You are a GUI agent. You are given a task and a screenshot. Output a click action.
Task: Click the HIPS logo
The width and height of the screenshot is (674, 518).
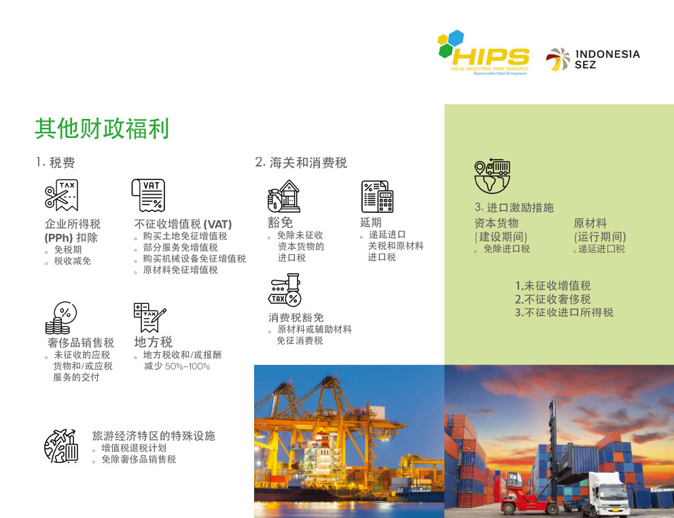pyautogui.click(x=483, y=52)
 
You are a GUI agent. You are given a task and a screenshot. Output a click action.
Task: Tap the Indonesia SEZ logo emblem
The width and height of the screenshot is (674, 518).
pyautogui.click(x=558, y=59)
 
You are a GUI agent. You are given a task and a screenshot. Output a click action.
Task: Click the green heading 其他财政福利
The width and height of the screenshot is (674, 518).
pyautogui.click(x=102, y=128)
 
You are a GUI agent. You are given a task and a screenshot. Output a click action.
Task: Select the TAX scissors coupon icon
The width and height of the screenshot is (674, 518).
pyautogui.click(x=61, y=195)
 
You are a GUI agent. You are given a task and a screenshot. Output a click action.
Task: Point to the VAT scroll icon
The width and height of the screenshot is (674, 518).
pyautogui.click(x=148, y=195)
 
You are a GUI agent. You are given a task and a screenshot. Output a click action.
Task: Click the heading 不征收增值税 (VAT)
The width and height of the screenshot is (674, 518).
pyautogui.click(x=183, y=224)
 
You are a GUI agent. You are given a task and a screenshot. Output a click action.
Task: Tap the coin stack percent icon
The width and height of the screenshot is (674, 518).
pyautogui.click(x=61, y=318)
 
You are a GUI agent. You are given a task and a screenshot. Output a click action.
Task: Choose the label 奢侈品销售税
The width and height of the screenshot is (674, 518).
pyautogui.click(x=81, y=343)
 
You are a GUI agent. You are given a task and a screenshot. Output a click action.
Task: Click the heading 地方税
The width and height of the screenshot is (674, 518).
pyautogui.click(x=154, y=342)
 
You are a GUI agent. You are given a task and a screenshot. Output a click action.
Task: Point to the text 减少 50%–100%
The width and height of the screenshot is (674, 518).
pyautogui.click(x=177, y=366)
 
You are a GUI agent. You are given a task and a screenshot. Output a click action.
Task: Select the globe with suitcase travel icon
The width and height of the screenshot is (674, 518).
pyautogui.click(x=61, y=446)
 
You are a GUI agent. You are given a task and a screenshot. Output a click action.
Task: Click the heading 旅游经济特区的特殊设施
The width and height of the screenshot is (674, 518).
pyautogui.click(x=154, y=436)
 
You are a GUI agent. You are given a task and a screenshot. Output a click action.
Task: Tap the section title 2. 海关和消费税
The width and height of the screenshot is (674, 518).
pyautogui.click(x=301, y=162)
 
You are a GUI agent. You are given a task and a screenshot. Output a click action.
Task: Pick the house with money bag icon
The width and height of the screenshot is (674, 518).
pyautogui.click(x=284, y=196)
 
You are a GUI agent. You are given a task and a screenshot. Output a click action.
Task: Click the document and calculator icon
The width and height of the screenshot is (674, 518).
pyautogui.click(x=377, y=196)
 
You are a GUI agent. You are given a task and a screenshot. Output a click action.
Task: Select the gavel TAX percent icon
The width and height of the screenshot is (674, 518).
pyautogui.click(x=285, y=290)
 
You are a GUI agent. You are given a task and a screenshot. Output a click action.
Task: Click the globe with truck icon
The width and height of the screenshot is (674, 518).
pyautogui.click(x=492, y=176)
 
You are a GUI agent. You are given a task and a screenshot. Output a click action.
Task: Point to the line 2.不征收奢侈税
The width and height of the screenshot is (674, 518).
pyautogui.click(x=553, y=299)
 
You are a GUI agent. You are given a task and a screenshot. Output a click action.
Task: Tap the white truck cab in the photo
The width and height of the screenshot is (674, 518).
pyautogui.click(x=605, y=491)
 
